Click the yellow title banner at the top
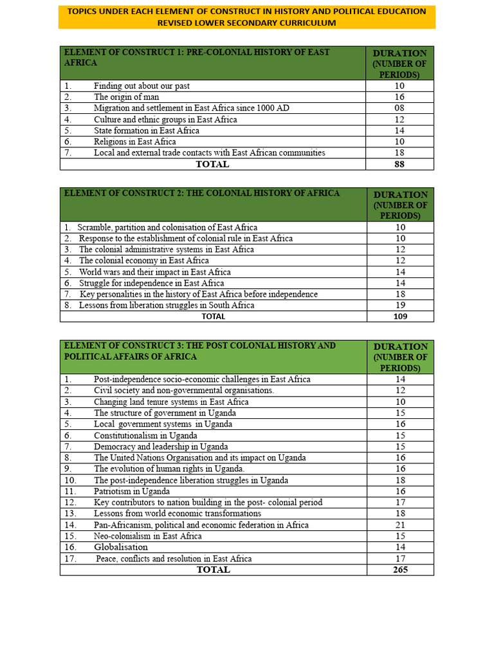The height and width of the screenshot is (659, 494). (x=246, y=17)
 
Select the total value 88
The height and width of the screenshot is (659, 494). (x=399, y=164)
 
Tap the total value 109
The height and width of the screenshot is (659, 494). (x=399, y=316)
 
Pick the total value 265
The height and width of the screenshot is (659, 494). (x=399, y=570)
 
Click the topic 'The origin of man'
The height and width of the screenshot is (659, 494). (x=126, y=97)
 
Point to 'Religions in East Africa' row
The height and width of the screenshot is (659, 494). (x=134, y=142)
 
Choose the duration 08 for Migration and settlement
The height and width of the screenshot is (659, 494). (x=399, y=108)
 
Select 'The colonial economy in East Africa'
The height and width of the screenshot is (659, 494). (x=143, y=261)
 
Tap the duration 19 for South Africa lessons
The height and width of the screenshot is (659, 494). (x=399, y=305)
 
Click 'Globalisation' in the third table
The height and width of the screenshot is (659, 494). (x=121, y=547)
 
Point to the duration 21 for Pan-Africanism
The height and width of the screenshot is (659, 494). (x=399, y=525)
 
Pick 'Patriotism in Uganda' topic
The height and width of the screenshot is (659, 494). (x=132, y=492)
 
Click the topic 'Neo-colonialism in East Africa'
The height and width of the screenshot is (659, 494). (x=147, y=536)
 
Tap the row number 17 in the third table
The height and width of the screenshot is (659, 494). (x=70, y=559)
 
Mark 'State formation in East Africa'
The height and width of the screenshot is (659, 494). (x=146, y=131)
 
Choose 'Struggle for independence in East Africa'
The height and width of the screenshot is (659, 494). (x=151, y=283)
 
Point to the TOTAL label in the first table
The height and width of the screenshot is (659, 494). (x=212, y=164)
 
